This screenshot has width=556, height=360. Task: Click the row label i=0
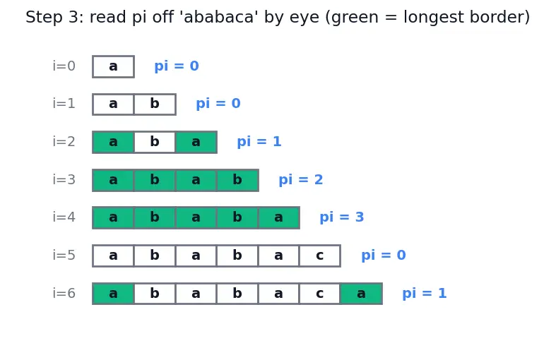(x=64, y=66)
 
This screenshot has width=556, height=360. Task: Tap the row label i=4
(x=64, y=217)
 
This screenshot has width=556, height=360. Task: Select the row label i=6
(x=64, y=294)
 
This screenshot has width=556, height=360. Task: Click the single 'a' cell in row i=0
(x=113, y=66)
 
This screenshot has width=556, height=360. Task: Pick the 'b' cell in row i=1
(x=155, y=104)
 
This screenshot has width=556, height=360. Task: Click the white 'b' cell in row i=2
(x=155, y=142)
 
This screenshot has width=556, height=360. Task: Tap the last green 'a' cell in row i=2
(x=196, y=142)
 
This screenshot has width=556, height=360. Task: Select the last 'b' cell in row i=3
(x=237, y=180)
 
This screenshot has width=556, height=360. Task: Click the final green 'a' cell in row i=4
(x=279, y=217)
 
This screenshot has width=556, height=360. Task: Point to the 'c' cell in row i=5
(x=320, y=256)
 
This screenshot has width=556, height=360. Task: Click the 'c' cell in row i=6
(x=320, y=294)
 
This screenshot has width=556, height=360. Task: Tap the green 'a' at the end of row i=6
(x=361, y=294)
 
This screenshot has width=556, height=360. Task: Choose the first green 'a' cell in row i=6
(x=113, y=294)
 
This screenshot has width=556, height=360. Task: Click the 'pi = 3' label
(x=342, y=217)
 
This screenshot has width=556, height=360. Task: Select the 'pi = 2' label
(x=301, y=179)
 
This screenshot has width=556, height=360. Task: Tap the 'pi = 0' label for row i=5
(x=384, y=255)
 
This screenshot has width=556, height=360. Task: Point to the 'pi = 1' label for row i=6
(x=425, y=294)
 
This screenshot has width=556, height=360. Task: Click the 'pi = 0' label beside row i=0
(x=177, y=66)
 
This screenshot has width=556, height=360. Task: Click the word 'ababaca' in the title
(x=220, y=17)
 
